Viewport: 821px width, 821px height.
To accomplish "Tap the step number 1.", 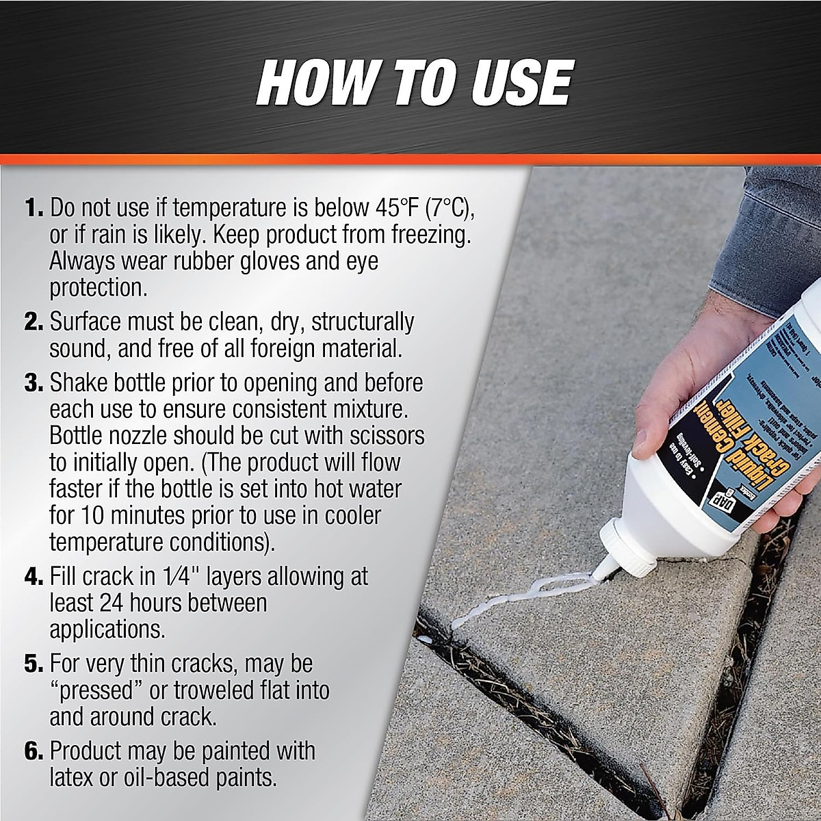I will click(33, 207).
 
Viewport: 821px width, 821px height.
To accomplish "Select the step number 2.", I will click(34, 322).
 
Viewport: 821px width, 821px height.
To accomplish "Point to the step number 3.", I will click(34, 382).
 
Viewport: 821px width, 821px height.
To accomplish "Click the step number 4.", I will click(34, 577).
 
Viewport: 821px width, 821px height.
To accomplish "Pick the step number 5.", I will click(34, 664).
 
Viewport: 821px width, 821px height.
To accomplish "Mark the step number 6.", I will click(34, 751).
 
